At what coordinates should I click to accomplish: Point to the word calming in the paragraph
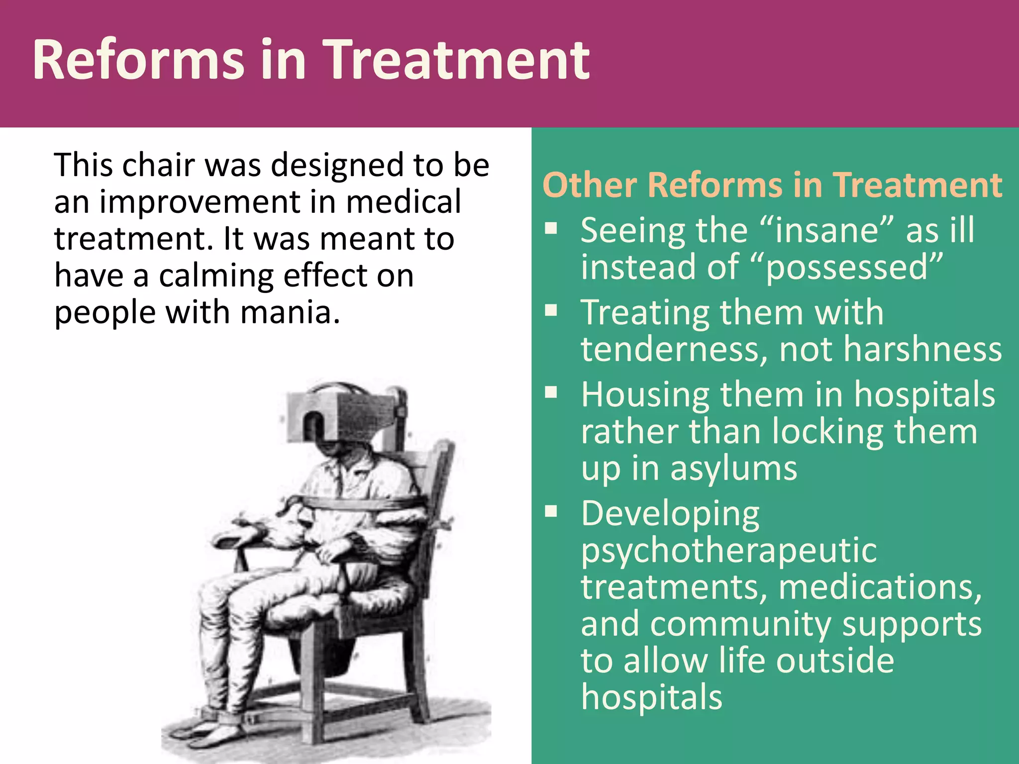tap(216, 276)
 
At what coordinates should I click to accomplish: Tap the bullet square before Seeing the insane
tap(551, 228)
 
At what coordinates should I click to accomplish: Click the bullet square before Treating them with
tap(551, 311)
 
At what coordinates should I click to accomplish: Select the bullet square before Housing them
tap(551, 393)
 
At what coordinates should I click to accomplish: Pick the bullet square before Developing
tap(551, 511)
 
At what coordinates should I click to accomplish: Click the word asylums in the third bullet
tap(733, 469)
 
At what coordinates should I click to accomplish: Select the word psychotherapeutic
tap(728, 551)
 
